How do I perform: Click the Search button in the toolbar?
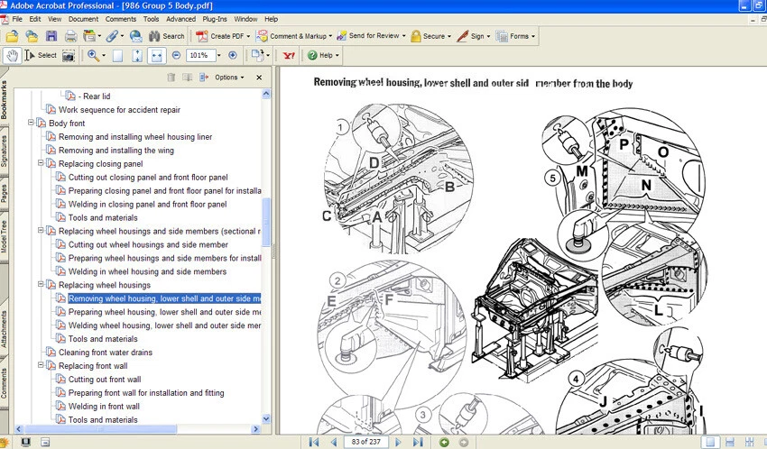point(167,36)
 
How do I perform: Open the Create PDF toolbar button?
point(221,36)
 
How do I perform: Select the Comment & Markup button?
point(294,36)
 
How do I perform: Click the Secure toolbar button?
point(429,36)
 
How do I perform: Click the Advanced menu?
point(180,18)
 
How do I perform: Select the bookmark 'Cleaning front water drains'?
point(106,353)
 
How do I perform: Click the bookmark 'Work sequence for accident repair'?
point(119,110)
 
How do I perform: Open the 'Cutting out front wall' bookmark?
point(105,380)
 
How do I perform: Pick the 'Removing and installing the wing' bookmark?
point(116,151)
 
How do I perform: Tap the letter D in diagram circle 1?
point(374,163)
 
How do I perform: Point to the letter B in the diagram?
point(448,187)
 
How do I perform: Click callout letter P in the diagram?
point(624,143)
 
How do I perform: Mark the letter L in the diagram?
point(659,311)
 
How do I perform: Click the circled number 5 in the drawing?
point(552,178)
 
